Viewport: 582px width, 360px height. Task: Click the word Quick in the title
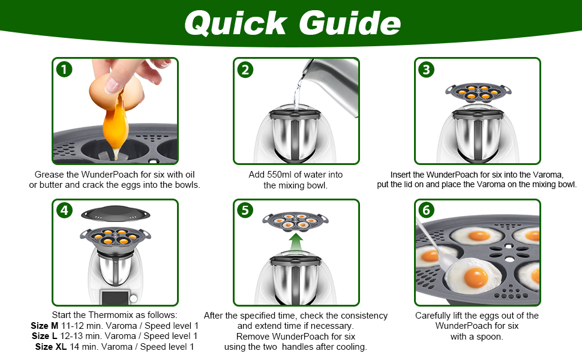(236, 23)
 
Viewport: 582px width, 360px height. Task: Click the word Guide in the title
(350, 23)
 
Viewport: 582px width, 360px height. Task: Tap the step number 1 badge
(64, 70)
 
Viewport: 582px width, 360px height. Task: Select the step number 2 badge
(245, 70)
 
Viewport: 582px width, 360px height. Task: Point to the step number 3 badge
(427, 70)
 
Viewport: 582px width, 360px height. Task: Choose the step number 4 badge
(64, 211)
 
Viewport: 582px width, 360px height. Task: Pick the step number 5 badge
(245, 211)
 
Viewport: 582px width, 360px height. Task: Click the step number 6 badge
(427, 211)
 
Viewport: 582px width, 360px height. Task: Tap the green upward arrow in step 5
(296, 242)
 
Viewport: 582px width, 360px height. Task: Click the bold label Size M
(44, 326)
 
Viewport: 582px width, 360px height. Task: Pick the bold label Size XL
(51, 347)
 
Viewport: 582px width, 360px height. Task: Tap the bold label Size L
(44, 336)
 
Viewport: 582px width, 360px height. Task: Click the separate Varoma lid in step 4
(115, 214)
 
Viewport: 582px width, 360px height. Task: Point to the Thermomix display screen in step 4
(115, 298)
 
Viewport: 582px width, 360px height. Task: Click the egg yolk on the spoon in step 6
(476, 277)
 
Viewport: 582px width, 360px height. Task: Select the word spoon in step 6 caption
(491, 337)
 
